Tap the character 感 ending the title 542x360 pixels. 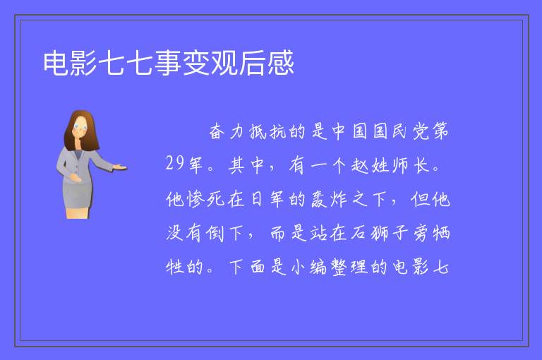(x=281, y=63)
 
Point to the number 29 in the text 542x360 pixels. (x=174, y=163)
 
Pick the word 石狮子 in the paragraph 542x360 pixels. (x=379, y=233)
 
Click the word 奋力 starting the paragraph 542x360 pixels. (x=227, y=131)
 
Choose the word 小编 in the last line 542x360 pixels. (x=308, y=267)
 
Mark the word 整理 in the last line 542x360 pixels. (x=349, y=267)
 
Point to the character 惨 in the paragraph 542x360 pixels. (x=196, y=199)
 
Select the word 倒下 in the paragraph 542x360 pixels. (x=224, y=233)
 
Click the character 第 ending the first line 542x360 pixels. (x=440, y=131)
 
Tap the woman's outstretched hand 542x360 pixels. (x=120, y=167)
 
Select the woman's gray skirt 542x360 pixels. (x=77, y=196)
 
